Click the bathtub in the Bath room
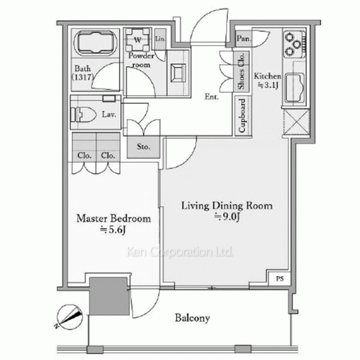coord(95,44)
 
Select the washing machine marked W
coord(137,39)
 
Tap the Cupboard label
coord(245,116)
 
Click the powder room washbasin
coord(177,71)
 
